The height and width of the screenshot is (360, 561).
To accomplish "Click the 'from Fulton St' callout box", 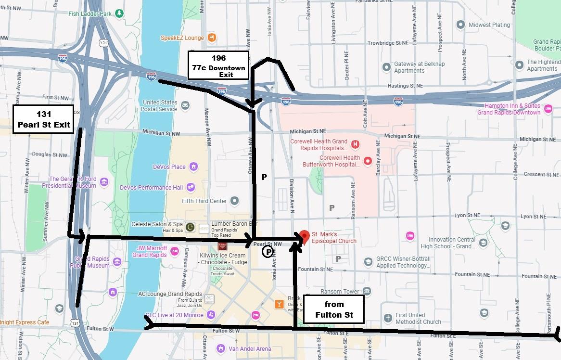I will (333, 309).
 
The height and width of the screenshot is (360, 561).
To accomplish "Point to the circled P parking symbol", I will (267, 251).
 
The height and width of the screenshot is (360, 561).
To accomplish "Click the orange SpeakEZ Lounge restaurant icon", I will (212, 38).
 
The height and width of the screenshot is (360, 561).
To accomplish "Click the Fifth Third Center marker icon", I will (234, 201).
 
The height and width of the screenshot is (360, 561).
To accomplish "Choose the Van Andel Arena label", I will (250, 349).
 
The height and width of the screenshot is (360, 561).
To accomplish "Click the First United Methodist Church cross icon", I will (388, 319).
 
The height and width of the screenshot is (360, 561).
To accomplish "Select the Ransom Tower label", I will (340, 292).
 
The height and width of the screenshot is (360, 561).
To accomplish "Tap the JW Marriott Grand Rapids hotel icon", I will (175, 251).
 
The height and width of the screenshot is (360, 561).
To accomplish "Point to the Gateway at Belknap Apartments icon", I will (386, 67).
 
